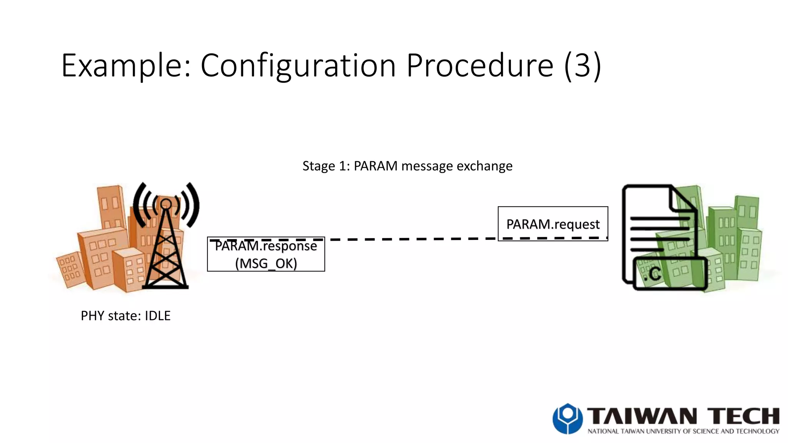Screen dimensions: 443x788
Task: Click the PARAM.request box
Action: click(x=553, y=224)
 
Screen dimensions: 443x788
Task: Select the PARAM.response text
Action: click(x=265, y=246)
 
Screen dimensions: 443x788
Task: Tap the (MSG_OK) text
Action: click(x=266, y=264)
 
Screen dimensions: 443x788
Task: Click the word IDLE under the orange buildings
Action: click(x=157, y=316)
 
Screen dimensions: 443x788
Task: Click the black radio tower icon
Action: click(x=166, y=250)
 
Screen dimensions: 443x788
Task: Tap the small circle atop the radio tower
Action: click(x=166, y=204)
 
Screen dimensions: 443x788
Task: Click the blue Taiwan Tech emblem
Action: click(x=568, y=418)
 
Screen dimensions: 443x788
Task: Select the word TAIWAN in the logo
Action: click(x=642, y=416)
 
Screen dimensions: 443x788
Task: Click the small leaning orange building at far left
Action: click(x=70, y=269)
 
